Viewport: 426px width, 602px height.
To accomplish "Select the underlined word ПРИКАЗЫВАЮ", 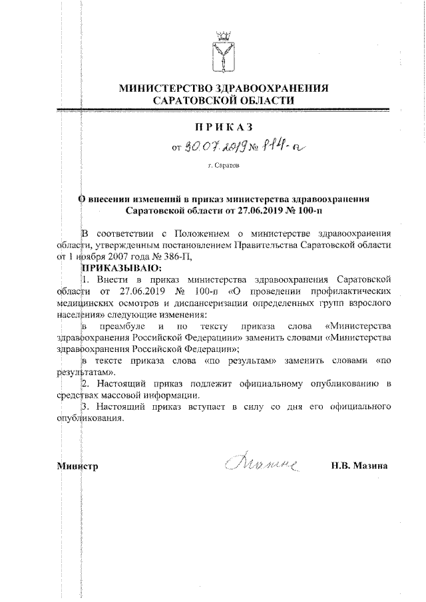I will coord(120,267).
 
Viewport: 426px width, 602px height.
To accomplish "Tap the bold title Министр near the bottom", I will coord(78,466).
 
